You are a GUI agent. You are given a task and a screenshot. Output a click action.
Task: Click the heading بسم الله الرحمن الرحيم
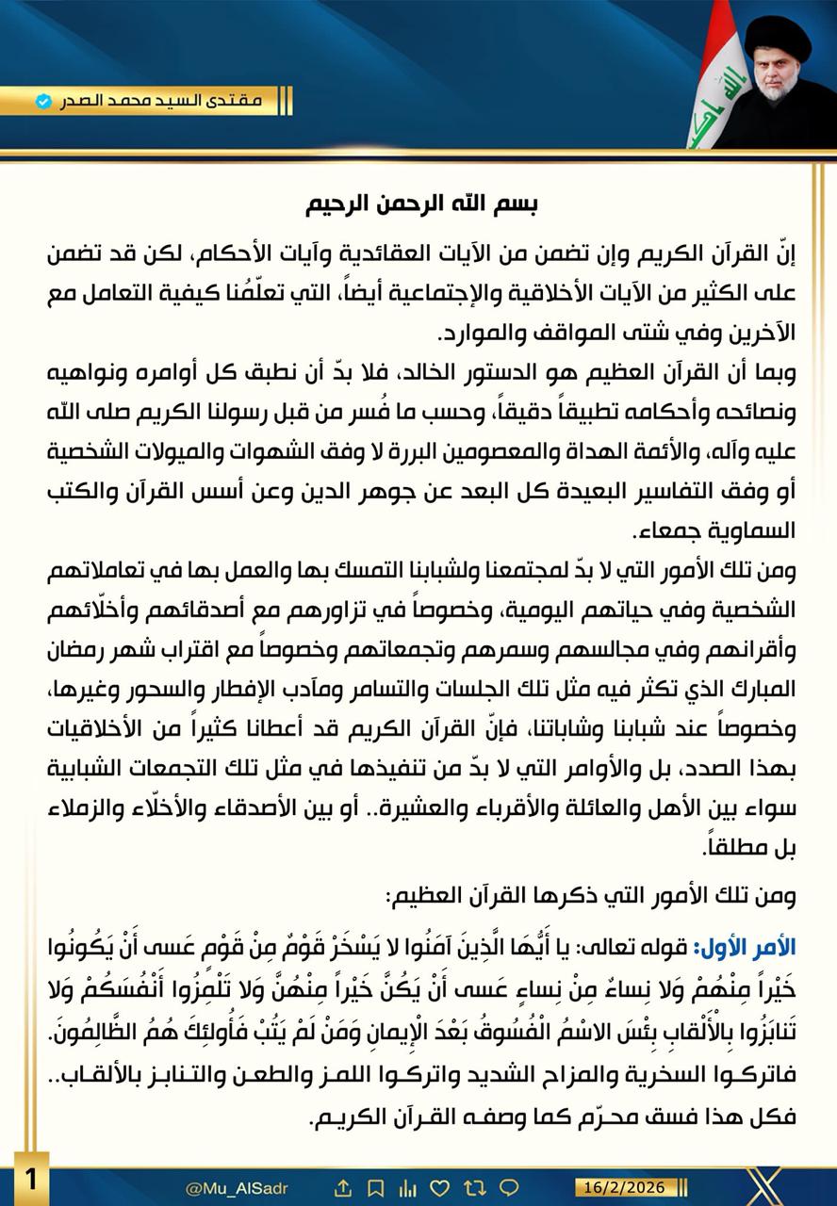point(418,204)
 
